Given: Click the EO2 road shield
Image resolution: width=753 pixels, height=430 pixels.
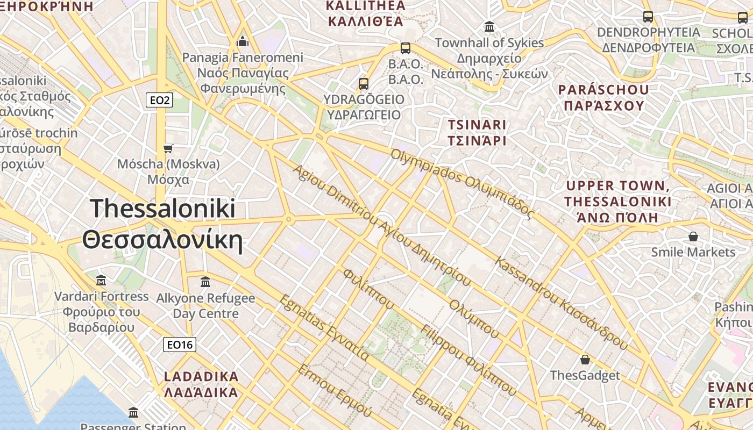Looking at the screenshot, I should [x=159, y=99].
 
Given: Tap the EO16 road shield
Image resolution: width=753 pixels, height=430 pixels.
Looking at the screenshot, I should [x=180, y=345].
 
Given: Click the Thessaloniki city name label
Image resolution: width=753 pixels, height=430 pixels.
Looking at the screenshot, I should [x=162, y=225].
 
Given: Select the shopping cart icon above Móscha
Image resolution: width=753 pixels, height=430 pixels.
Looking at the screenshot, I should [x=168, y=148].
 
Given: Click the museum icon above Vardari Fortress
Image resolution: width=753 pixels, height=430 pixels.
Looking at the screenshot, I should [x=101, y=280].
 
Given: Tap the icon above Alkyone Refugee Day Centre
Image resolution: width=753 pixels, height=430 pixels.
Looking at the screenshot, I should [x=205, y=282].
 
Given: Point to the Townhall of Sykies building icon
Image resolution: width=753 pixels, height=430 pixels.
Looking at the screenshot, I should [x=489, y=26].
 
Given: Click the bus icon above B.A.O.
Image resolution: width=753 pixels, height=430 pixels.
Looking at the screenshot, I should [x=406, y=48].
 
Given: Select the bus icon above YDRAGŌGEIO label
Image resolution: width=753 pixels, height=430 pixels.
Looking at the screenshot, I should [x=364, y=84].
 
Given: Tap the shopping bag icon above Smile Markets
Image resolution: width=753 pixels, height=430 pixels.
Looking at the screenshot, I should [x=693, y=236].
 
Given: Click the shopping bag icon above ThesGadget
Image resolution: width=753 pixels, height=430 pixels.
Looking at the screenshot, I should [x=585, y=360].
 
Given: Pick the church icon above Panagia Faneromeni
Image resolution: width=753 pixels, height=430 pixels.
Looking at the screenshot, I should [x=243, y=41].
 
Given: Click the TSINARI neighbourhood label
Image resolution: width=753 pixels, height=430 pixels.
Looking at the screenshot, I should [x=478, y=133].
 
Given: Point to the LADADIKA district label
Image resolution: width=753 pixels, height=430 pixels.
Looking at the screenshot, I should [x=201, y=384].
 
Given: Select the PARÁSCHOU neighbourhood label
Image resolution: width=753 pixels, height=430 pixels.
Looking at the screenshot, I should [x=603, y=97].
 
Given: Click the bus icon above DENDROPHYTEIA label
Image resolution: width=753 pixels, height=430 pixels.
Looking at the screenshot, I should [x=648, y=17].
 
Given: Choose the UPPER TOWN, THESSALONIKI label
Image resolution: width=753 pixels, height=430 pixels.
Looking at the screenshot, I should [x=618, y=202].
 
